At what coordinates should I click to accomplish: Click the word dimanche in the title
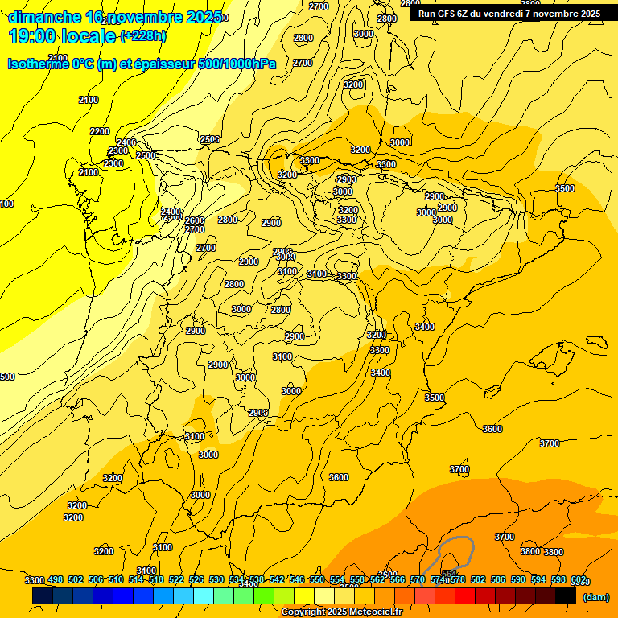(x=45, y=17)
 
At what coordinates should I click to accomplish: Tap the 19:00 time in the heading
(x=35, y=36)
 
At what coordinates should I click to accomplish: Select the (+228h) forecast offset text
(x=143, y=36)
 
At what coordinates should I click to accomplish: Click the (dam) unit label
(x=595, y=596)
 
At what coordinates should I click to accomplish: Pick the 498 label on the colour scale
(x=56, y=580)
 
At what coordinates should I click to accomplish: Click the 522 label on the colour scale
(x=176, y=580)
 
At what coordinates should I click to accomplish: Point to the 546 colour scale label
(x=297, y=580)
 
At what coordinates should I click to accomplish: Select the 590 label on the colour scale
(x=519, y=580)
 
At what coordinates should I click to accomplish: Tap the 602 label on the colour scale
(x=579, y=580)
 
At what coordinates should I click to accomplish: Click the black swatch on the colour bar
(x=566, y=596)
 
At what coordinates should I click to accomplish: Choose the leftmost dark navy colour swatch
(x=43, y=596)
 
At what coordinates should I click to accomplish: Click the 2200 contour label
(x=100, y=131)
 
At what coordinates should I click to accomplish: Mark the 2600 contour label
(x=195, y=220)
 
